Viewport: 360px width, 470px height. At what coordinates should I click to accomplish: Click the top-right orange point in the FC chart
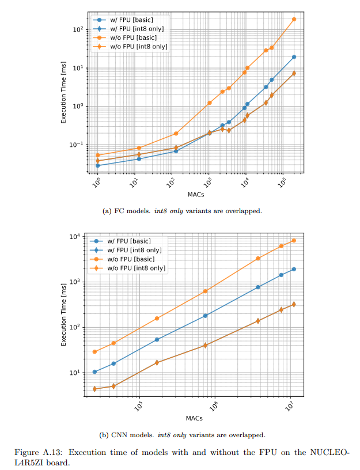point(294,19)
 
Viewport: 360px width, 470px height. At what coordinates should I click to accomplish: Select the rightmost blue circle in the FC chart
point(294,56)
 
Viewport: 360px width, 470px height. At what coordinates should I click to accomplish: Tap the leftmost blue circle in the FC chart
point(98,165)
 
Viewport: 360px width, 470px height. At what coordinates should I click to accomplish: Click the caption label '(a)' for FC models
point(107,210)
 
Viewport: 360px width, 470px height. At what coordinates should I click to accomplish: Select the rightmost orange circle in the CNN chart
point(294,240)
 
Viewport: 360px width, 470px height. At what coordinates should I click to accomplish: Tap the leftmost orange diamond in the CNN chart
point(94,389)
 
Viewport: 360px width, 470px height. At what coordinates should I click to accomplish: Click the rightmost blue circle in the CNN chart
point(294,269)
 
